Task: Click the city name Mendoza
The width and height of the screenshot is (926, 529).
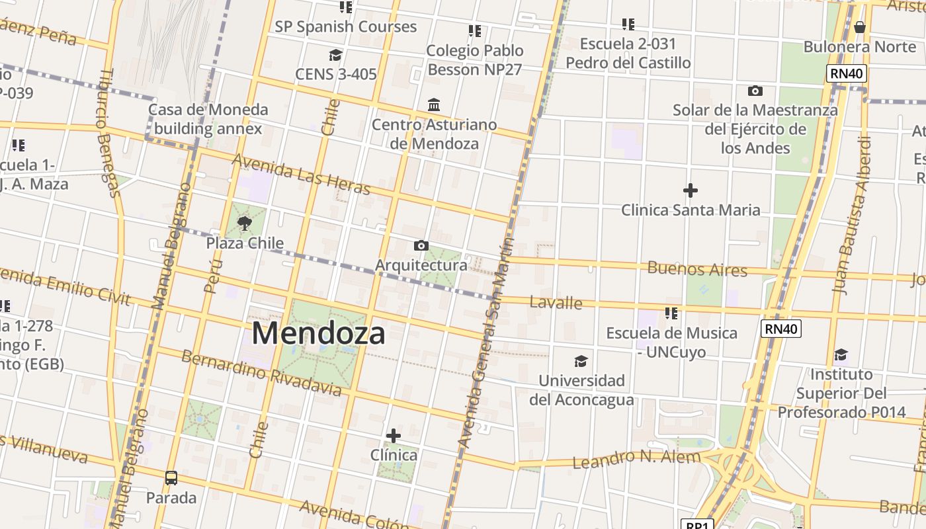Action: (318, 333)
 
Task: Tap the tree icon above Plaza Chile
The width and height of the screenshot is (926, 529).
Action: (245, 223)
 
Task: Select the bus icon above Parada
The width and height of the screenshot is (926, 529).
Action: (171, 477)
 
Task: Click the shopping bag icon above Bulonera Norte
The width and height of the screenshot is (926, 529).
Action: (859, 27)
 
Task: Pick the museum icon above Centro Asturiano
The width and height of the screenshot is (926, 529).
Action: (434, 104)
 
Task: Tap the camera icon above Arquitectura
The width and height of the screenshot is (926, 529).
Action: (421, 246)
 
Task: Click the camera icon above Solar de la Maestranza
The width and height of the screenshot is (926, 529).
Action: (755, 91)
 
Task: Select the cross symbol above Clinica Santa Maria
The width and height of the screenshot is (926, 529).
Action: (690, 191)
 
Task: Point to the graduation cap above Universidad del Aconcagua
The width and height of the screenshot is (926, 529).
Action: (581, 361)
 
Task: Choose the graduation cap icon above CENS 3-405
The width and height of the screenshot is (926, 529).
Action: (335, 55)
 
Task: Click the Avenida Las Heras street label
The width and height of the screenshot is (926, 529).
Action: (301, 175)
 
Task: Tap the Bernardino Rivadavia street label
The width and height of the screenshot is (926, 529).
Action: (261, 374)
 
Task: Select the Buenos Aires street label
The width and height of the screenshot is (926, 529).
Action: (697, 269)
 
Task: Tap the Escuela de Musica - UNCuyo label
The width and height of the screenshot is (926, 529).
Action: (671, 343)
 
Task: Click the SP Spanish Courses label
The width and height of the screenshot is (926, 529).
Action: (345, 27)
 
